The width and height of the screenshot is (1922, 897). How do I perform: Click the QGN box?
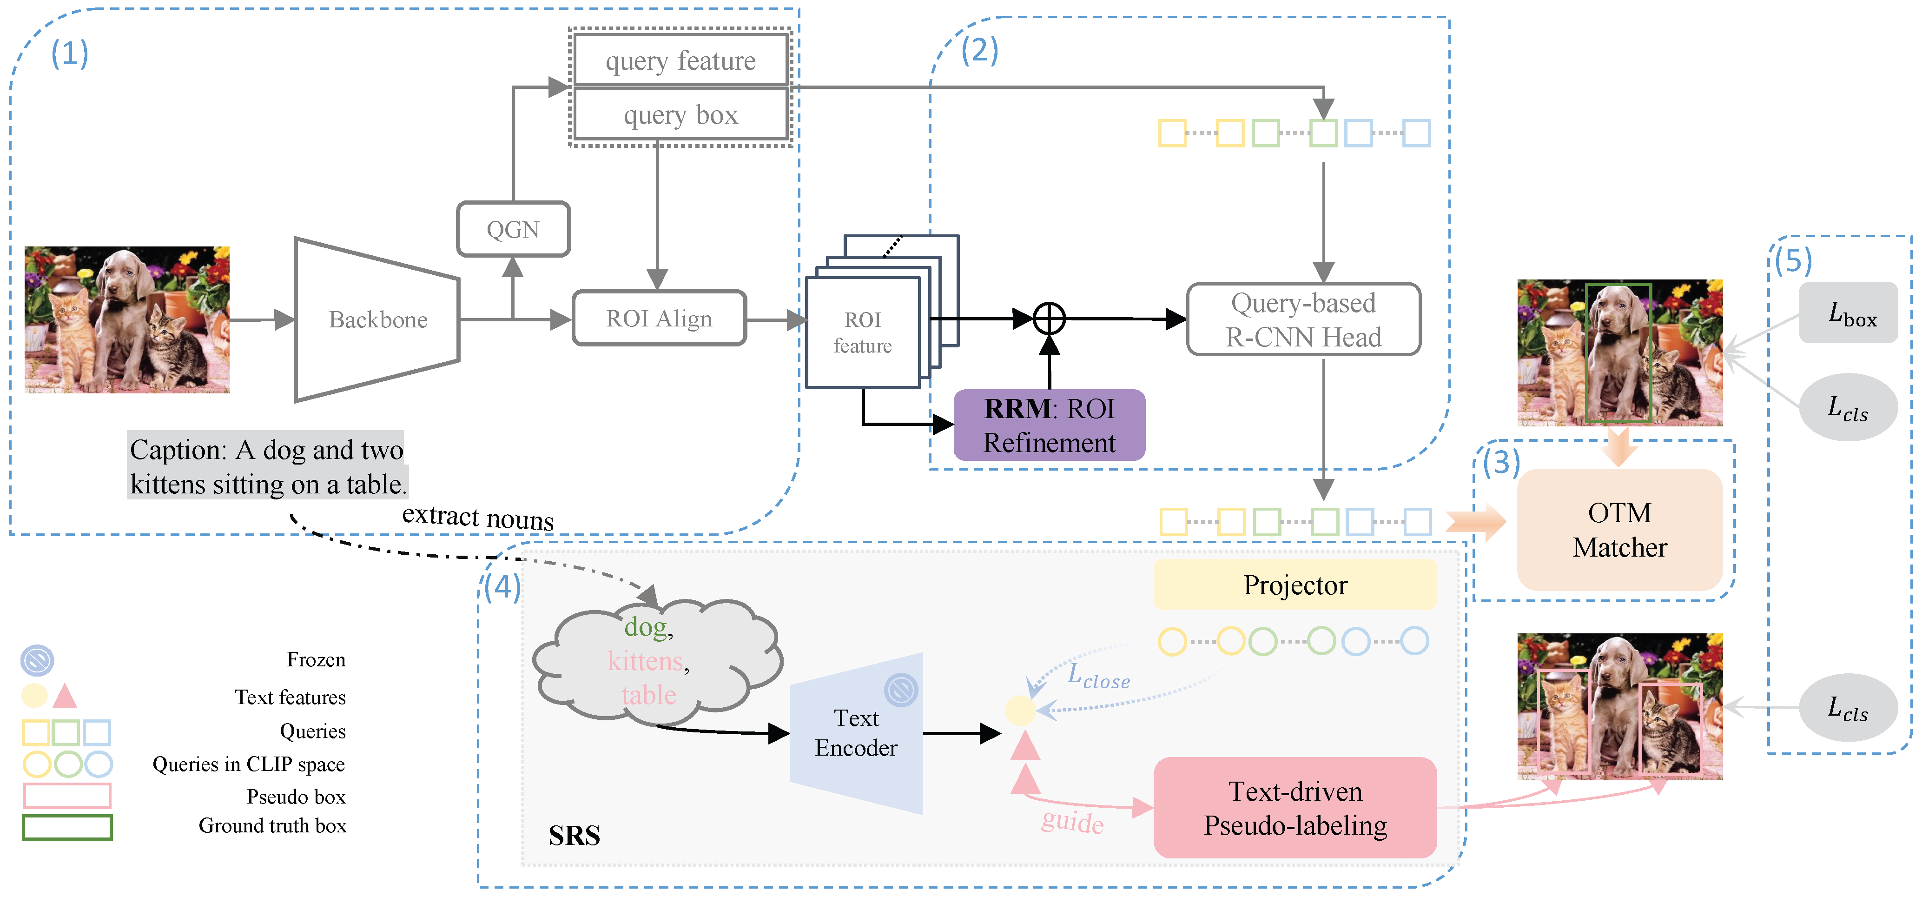[x=513, y=229]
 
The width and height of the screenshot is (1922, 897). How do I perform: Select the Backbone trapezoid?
[x=377, y=319]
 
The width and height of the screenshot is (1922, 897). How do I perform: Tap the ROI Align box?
[x=659, y=319]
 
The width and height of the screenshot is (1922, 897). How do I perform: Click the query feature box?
[x=680, y=60]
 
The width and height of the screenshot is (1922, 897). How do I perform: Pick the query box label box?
[x=680, y=115]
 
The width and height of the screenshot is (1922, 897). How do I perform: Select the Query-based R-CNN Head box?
[x=1303, y=319]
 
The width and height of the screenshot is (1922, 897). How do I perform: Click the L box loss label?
[x=1849, y=313]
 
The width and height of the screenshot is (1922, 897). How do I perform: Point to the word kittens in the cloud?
[x=646, y=661]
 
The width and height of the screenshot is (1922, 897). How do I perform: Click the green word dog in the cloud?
[x=646, y=627]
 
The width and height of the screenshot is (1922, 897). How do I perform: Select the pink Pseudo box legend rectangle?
[x=67, y=796]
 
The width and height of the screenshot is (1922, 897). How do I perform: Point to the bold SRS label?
[x=574, y=836]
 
